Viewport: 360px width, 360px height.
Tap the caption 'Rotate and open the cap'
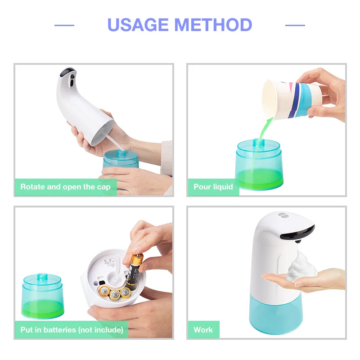point(65,186)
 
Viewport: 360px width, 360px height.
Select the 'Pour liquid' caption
point(213,186)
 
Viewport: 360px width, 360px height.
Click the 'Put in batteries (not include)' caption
point(72,329)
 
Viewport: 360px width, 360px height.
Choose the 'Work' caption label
point(203,329)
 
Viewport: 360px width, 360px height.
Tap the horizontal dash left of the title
point(64,25)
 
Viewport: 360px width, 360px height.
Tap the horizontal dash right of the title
point(295,25)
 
